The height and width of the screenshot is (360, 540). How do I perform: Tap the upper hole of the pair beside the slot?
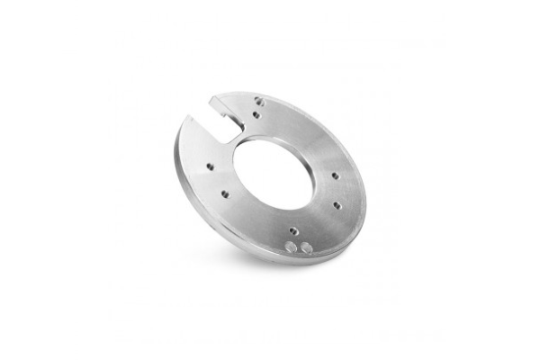click(258, 101)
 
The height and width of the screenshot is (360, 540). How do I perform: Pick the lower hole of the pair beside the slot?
click(256, 114)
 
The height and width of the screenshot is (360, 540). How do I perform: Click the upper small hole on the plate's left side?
click(209, 166)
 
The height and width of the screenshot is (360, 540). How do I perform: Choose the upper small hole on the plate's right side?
click(334, 176)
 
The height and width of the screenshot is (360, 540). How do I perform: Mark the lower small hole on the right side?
click(337, 205)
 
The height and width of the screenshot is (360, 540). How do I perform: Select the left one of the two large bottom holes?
click(292, 246)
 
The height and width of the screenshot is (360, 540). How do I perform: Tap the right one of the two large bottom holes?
click(306, 244)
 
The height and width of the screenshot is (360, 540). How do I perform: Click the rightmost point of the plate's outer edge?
click(367, 193)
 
